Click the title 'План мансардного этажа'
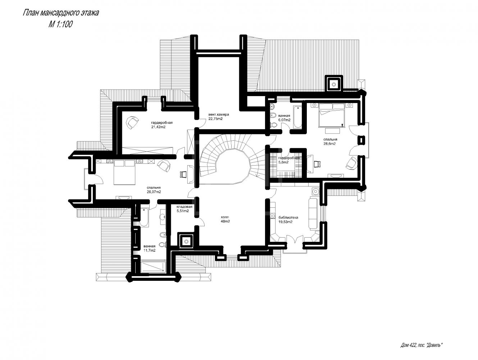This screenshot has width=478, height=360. coord(60,13)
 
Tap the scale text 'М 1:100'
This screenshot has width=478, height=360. coord(60,24)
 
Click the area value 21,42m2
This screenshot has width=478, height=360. coord(158,127)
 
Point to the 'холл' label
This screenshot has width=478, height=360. coord(225,217)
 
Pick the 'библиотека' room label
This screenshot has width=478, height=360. coord(288,217)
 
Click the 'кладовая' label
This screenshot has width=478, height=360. coord(185,207)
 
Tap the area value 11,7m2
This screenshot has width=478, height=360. coord(149,251)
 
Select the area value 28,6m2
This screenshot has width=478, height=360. coord(329,144)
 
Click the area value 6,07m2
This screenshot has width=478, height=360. coord(284,120)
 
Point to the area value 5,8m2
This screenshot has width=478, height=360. coord(283,162)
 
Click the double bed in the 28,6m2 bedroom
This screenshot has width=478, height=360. coord(332,115)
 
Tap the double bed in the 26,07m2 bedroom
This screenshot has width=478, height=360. coord(124,172)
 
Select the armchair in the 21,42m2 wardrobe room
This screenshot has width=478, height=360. coord(132,122)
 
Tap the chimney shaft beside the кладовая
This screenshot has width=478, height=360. coord(186,241)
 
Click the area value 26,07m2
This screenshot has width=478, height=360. coord(154,192)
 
